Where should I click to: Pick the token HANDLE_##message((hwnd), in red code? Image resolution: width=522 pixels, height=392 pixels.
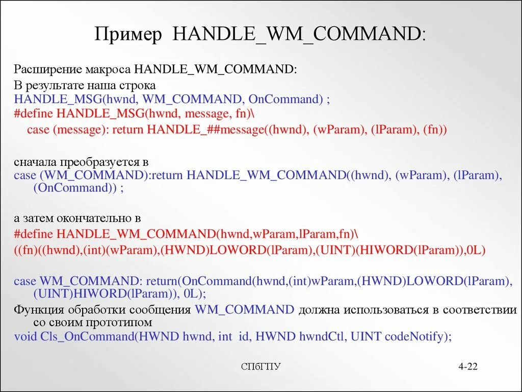(x=227, y=130)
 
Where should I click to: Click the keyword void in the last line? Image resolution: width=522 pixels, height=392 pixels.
(x=25, y=336)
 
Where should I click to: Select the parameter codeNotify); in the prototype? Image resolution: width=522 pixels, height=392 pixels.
(x=419, y=336)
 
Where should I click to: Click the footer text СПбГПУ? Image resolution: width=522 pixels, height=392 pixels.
(x=260, y=367)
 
